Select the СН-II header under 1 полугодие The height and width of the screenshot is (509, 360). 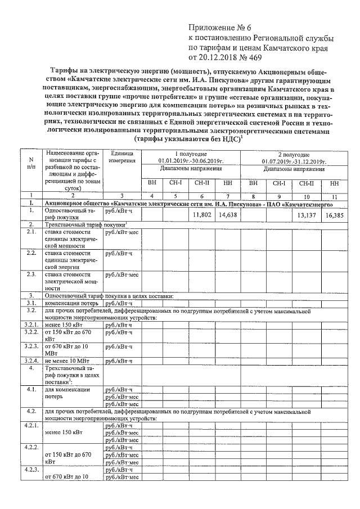(x=201, y=183)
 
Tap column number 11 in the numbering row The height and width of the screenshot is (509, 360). (x=335, y=195)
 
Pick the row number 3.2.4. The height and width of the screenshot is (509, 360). (x=31, y=360)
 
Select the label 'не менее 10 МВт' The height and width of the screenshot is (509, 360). (x=65, y=360)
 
